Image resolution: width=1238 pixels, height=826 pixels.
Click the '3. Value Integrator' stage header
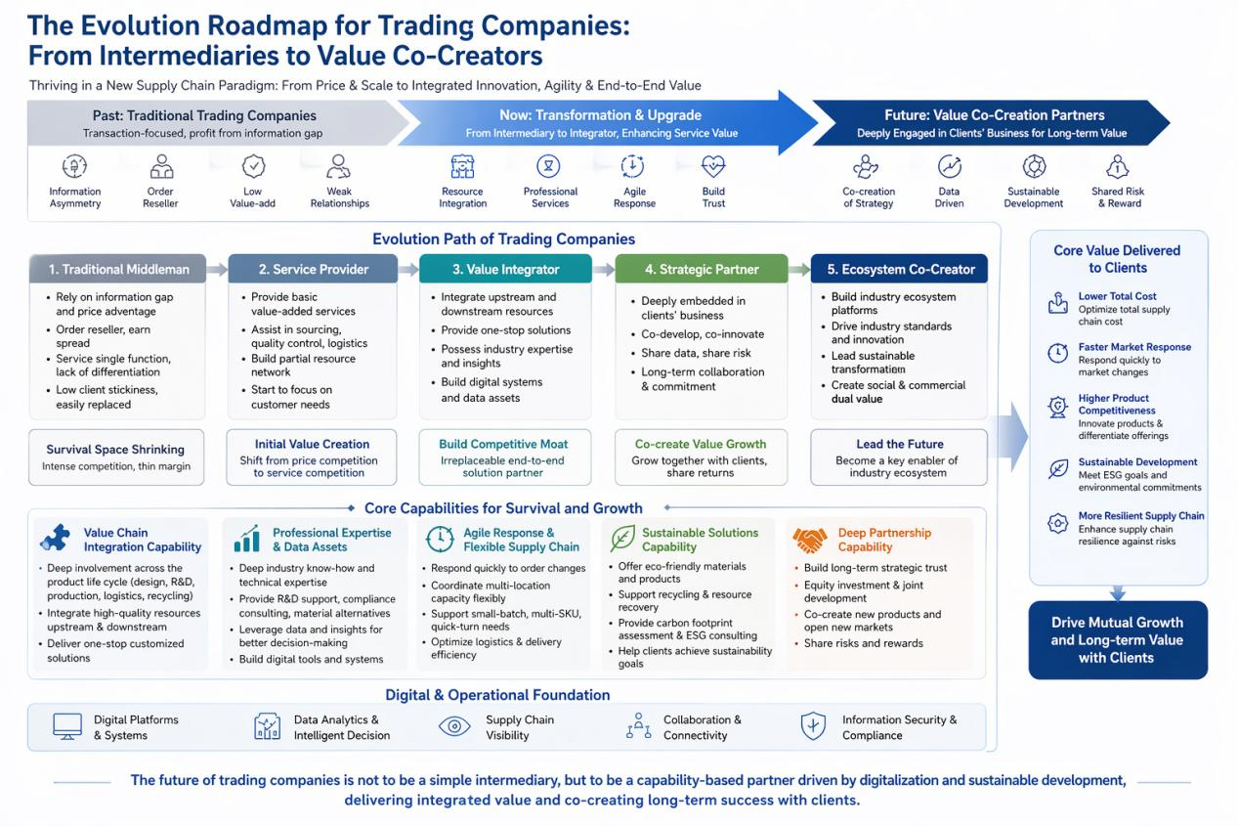point(505,269)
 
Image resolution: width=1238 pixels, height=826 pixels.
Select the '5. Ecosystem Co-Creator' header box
point(899,269)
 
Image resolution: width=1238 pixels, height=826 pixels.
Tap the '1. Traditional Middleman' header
point(117,269)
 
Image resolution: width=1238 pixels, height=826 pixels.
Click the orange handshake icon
point(810,540)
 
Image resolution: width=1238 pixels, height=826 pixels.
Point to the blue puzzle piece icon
point(56,538)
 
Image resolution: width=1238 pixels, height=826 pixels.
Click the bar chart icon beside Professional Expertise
point(246,539)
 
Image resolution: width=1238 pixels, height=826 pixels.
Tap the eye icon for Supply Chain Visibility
point(454,726)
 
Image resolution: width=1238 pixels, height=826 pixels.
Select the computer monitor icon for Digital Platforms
point(67,726)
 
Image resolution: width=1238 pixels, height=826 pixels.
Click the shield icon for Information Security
point(813,726)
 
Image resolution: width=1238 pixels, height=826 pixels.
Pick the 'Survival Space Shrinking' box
point(116,457)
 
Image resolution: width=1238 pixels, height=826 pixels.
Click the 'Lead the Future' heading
point(900,444)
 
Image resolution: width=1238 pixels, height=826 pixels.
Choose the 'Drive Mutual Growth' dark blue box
point(1118,639)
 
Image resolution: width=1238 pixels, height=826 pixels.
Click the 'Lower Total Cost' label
point(1117,296)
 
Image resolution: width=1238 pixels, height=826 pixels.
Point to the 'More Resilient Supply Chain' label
point(1141,516)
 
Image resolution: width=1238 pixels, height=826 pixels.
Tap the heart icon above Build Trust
point(713,166)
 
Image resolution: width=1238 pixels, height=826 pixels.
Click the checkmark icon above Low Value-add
point(253,166)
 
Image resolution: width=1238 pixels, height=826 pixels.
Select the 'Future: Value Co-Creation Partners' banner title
point(995,115)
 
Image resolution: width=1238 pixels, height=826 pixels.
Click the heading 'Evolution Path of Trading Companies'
point(503,239)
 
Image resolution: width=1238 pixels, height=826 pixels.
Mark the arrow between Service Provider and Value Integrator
point(408,269)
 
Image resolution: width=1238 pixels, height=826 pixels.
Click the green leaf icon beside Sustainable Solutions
point(622,539)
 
